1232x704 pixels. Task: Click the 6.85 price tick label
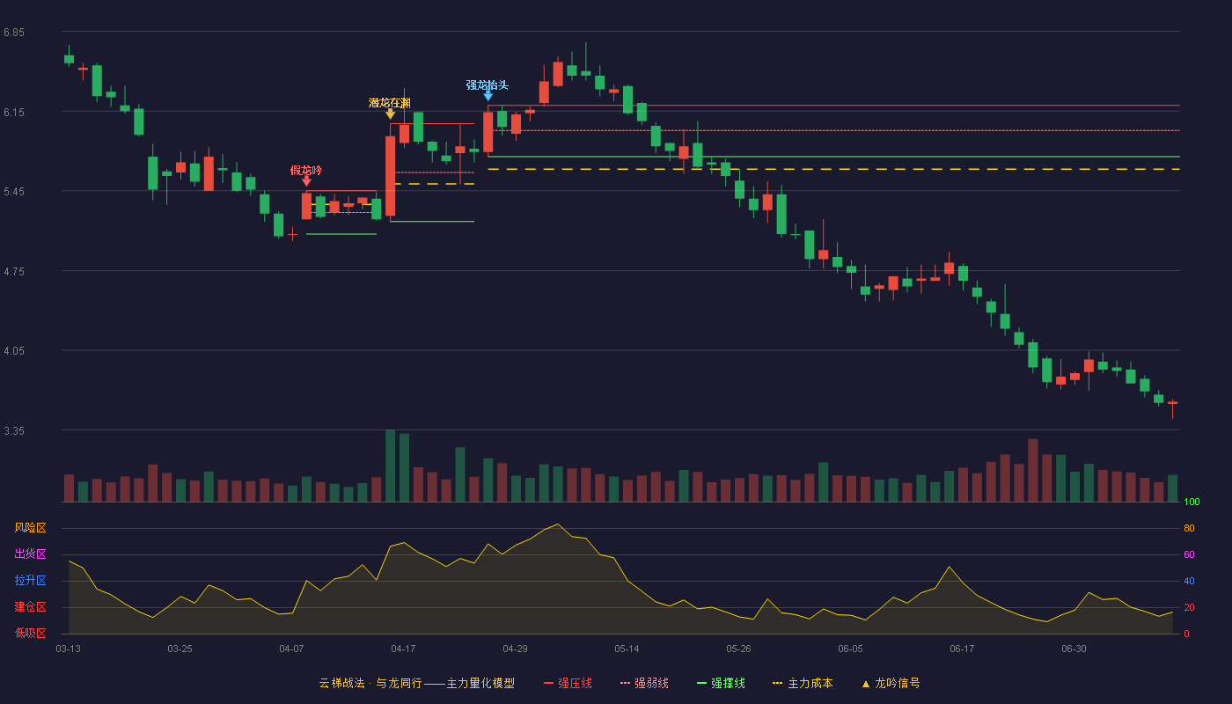coord(14,33)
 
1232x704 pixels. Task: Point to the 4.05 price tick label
coord(14,351)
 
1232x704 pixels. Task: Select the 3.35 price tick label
coord(14,430)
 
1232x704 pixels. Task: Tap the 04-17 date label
coord(403,649)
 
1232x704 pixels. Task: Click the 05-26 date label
coord(738,649)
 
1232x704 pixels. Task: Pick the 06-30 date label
coord(1074,649)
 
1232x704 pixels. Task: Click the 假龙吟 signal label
coord(306,171)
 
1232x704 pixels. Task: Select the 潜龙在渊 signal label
coord(389,103)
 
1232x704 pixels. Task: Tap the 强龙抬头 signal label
coord(488,84)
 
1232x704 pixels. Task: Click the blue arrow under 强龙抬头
coord(488,96)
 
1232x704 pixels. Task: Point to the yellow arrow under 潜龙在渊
coord(390,114)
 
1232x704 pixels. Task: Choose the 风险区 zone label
coord(30,528)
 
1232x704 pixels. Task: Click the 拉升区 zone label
coord(30,580)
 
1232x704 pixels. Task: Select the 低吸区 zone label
coord(30,633)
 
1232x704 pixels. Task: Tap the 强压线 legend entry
coord(568,683)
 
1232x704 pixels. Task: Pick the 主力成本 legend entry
coord(803,683)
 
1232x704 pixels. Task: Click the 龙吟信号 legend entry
coord(891,683)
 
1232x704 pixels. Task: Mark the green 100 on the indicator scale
coord(1192,502)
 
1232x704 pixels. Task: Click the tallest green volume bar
coord(390,466)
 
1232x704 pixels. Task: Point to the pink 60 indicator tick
coord(1189,554)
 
